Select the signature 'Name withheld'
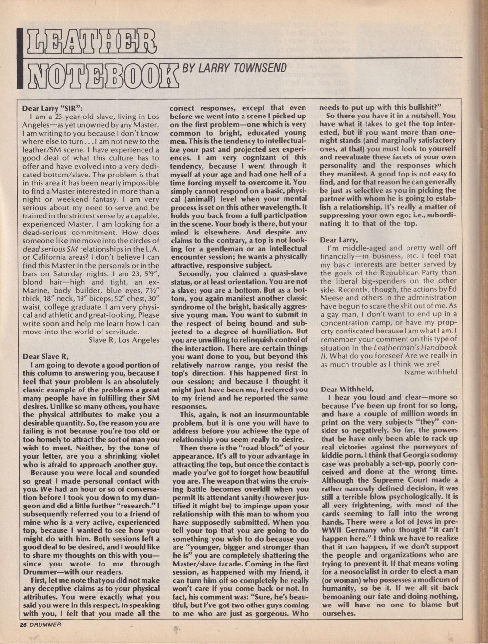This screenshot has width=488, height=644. (431, 372)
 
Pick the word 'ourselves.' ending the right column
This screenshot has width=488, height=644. (338, 612)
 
